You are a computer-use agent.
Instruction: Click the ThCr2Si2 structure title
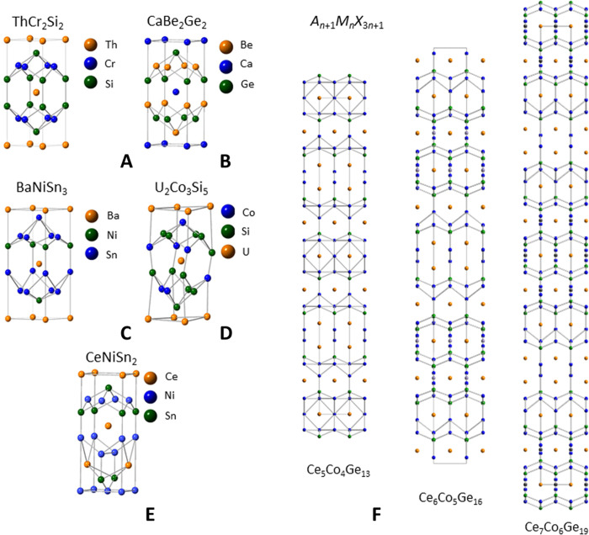(x=40, y=17)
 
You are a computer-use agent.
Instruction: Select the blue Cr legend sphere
(x=90, y=62)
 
